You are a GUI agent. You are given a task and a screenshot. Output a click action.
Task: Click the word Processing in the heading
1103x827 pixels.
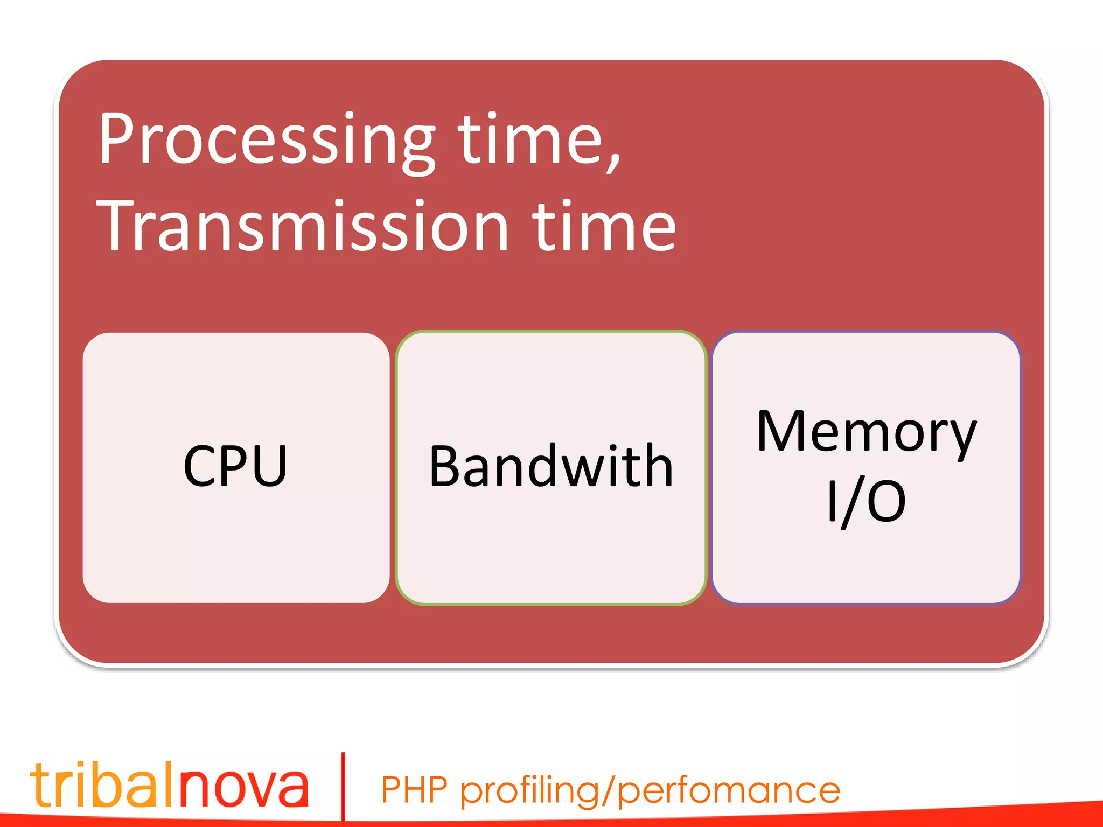(x=267, y=141)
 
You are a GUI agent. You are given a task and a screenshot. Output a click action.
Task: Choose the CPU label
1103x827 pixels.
(x=235, y=466)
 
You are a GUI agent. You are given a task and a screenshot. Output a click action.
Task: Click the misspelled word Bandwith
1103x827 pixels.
(x=551, y=466)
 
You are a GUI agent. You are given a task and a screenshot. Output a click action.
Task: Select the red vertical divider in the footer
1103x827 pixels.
(x=343, y=786)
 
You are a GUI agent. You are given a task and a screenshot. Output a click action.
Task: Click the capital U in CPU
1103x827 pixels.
(x=267, y=466)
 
